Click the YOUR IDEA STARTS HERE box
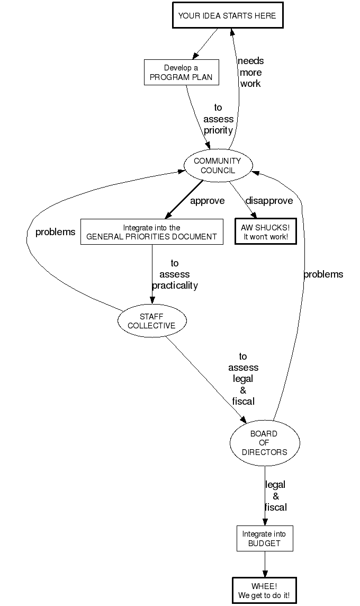click(227, 16)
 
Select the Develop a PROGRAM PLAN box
click(181, 72)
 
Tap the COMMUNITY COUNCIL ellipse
click(217, 165)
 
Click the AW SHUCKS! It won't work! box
click(265, 231)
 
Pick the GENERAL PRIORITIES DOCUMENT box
click(151, 232)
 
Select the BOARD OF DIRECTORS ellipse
click(264, 443)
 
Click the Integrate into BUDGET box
click(264, 538)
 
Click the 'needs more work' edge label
click(250, 72)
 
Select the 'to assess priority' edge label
click(218, 119)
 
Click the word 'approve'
click(207, 201)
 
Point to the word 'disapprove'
click(269, 201)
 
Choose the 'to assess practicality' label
click(175, 274)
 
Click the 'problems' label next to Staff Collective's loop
click(55, 232)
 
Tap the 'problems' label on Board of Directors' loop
click(323, 274)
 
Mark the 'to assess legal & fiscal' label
click(243, 379)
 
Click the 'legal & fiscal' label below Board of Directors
click(275, 496)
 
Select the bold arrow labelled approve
click(184, 199)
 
